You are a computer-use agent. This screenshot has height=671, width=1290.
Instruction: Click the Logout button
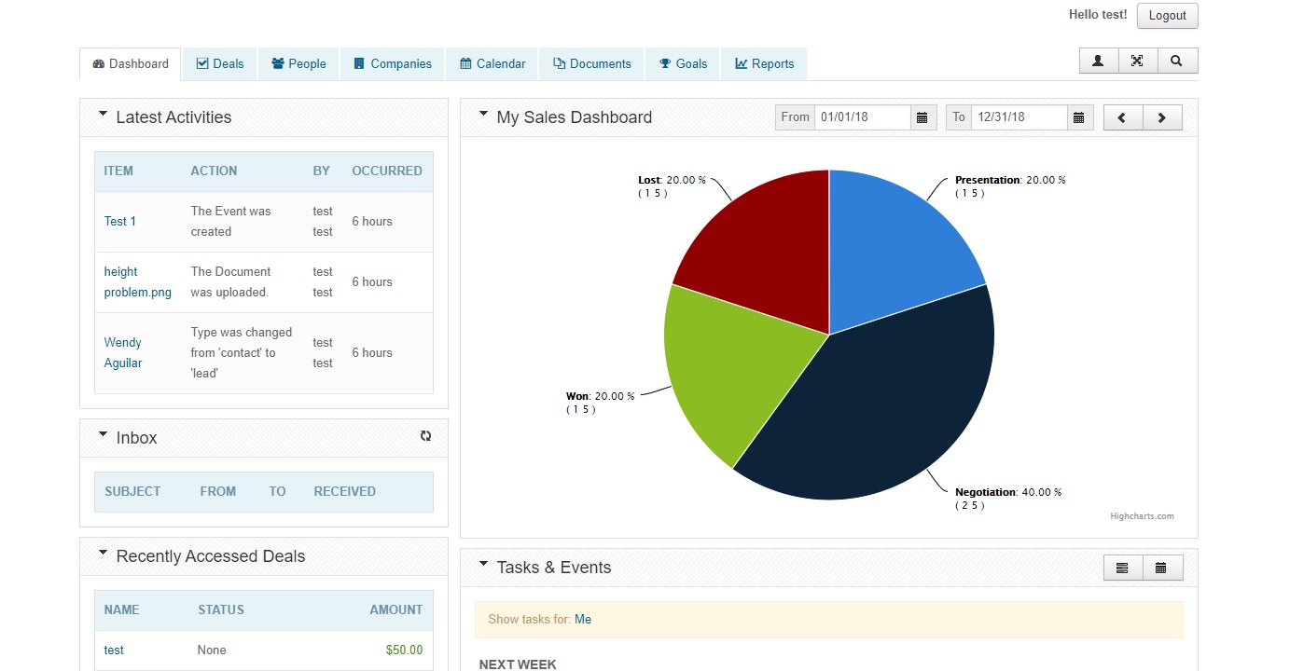(1167, 16)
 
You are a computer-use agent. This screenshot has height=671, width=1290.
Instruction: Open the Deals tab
(220, 64)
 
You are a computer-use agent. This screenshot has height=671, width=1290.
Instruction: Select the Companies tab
(393, 64)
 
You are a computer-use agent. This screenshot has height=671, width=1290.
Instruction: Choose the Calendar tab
(492, 64)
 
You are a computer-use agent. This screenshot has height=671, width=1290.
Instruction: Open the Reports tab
(764, 64)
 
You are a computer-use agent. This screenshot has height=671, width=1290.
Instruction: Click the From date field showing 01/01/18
(862, 117)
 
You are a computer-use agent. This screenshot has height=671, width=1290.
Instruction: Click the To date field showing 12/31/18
(1019, 117)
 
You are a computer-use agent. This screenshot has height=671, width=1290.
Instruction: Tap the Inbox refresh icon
(425, 436)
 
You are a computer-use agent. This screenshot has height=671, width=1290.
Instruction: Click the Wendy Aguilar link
(123, 352)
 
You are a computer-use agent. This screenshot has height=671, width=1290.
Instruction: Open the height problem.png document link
(137, 281)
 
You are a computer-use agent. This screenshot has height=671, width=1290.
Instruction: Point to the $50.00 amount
(404, 650)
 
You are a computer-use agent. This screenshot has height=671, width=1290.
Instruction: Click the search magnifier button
(1176, 62)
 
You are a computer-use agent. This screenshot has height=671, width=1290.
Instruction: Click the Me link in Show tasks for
(583, 620)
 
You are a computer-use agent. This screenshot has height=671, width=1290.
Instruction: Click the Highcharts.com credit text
(1142, 516)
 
